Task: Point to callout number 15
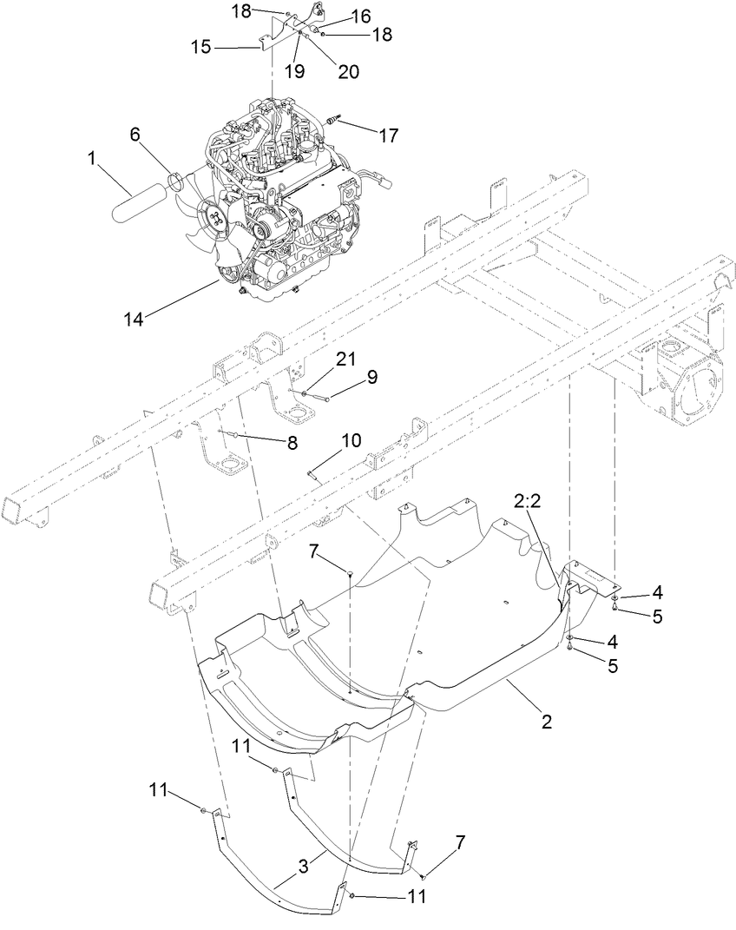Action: pyautogui.click(x=200, y=47)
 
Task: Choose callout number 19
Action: pyautogui.click(x=295, y=71)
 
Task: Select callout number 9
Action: pyautogui.click(x=372, y=376)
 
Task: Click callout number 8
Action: pyautogui.click(x=292, y=442)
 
